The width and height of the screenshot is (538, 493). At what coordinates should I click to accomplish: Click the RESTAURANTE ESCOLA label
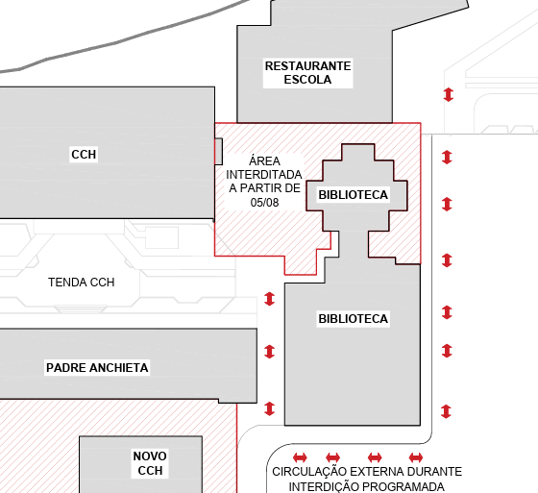click(x=307, y=73)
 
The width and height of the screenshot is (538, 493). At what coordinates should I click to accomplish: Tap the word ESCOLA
click(x=307, y=80)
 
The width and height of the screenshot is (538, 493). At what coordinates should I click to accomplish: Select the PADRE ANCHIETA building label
click(x=97, y=368)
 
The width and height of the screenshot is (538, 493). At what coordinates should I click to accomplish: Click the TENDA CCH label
click(x=82, y=283)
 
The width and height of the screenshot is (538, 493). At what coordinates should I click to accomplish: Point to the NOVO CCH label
click(x=150, y=463)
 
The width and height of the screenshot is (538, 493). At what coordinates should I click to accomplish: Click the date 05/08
click(x=264, y=203)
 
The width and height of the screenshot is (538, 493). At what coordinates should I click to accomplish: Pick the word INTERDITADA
click(x=264, y=175)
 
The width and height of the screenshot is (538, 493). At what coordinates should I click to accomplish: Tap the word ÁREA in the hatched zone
click(x=264, y=160)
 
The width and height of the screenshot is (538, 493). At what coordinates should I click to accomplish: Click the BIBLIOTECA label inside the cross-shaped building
click(x=354, y=195)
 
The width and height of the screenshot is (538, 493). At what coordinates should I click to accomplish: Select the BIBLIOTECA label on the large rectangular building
click(x=354, y=319)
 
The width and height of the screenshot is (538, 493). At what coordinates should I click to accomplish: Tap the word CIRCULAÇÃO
click(x=309, y=472)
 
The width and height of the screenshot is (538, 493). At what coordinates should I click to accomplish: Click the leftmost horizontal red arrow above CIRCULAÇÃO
click(x=300, y=457)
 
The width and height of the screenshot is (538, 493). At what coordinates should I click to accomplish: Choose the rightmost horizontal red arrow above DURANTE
click(x=416, y=457)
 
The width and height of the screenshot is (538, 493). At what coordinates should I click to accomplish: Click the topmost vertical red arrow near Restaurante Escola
click(x=449, y=94)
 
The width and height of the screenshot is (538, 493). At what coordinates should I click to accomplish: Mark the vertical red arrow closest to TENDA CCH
click(x=270, y=299)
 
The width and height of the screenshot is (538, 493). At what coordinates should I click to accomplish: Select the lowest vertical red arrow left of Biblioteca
click(x=270, y=408)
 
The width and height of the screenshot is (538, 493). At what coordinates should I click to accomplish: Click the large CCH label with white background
click(x=84, y=155)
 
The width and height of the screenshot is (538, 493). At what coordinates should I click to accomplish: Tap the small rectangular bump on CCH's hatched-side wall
click(x=219, y=152)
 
